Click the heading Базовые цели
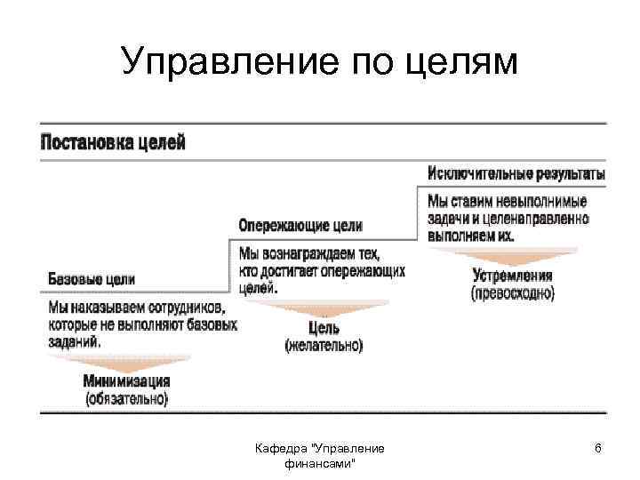point(92,279)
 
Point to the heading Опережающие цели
point(300,226)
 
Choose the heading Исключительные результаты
point(516,172)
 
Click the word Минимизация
point(126,381)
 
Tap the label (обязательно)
point(126,399)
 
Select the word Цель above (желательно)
point(324,329)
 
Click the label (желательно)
point(324,346)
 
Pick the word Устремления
point(513,276)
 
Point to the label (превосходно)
point(513,292)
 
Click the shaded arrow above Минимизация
point(126,363)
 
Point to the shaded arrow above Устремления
point(513,256)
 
